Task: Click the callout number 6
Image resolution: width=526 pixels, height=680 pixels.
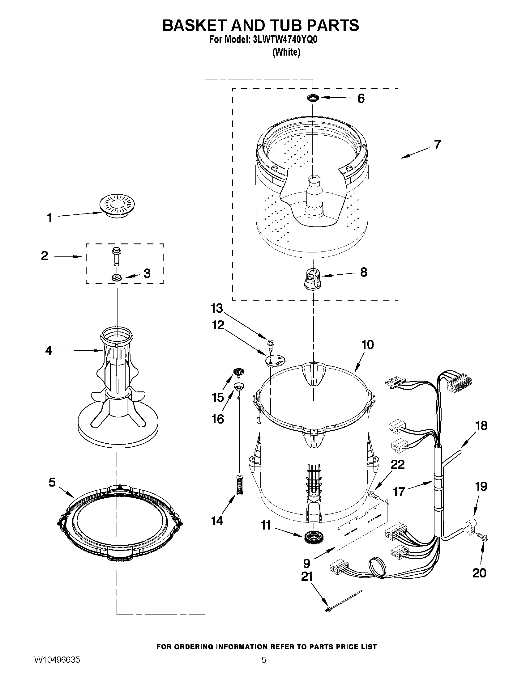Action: [361, 98]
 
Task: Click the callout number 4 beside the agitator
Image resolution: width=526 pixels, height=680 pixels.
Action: [49, 350]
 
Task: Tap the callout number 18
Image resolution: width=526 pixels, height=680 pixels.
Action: [481, 426]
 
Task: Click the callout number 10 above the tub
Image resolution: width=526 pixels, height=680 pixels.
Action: [367, 345]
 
